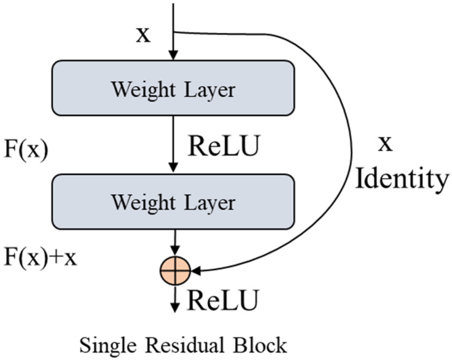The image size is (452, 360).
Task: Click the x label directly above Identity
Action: tap(384, 144)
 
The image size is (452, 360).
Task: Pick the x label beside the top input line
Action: tap(142, 34)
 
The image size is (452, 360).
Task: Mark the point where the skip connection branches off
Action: tap(175, 32)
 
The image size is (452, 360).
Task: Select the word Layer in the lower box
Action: tap(209, 202)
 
